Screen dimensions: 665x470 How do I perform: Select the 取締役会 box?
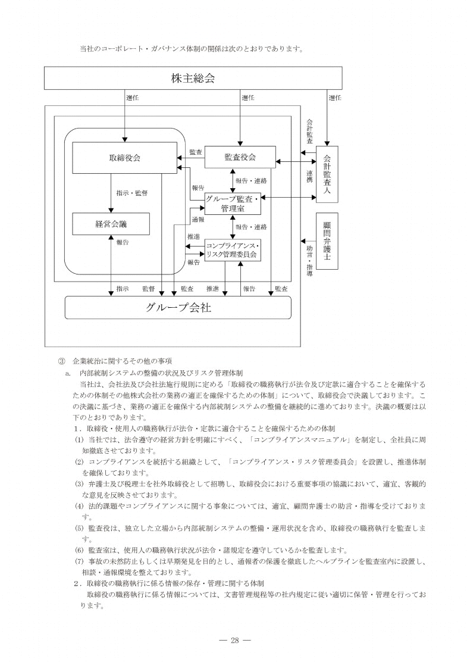(124, 158)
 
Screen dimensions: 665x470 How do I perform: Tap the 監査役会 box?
(240, 157)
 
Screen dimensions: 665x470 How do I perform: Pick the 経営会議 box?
(111, 224)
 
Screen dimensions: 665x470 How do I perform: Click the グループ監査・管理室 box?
(232, 204)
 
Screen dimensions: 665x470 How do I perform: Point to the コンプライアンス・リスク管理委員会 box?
(232, 250)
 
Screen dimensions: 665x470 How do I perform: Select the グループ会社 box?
(177, 308)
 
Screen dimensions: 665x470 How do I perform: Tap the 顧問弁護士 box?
(327, 241)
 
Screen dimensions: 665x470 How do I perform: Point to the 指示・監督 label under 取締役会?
(132, 193)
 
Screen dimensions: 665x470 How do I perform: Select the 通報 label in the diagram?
(198, 220)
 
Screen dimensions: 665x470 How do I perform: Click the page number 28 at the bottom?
(234, 640)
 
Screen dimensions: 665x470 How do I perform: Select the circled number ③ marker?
(61, 361)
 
